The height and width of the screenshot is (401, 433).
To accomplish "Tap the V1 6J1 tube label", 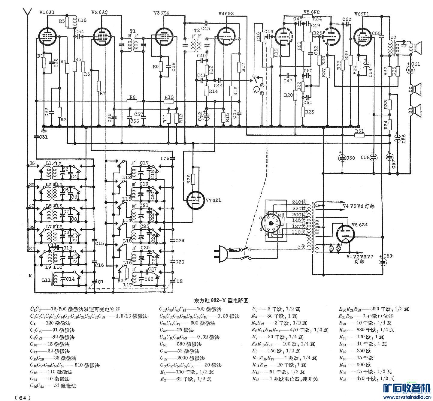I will (47, 12).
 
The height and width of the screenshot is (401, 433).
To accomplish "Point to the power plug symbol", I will (220, 252).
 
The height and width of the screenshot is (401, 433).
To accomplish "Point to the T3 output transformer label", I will (393, 38).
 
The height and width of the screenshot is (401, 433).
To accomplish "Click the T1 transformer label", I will (132, 31).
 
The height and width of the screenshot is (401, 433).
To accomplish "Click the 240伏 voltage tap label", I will (299, 202).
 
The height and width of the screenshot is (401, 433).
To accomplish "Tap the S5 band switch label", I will (32, 163).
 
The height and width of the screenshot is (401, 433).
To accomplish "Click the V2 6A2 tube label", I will (99, 12).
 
